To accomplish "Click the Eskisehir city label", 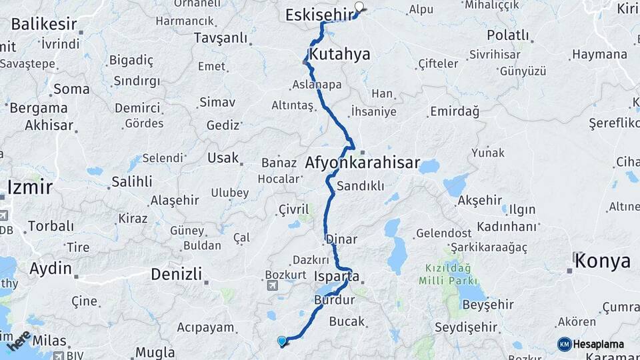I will click(318, 15).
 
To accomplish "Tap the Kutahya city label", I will click(339, 54).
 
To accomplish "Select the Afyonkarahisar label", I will click(363, 163).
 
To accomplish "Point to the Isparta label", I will click(337, 276).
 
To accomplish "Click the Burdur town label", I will click(335, 300).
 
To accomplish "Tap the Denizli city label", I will click(176, 274).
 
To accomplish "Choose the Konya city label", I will click(603, 261).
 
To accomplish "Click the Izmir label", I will click(29, 186).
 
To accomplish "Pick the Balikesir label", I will click(44, 24).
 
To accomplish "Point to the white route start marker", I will click(360, 8).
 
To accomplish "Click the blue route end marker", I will click(282, 341).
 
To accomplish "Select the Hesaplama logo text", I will click(598, 344).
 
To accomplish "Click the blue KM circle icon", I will click(564, 344).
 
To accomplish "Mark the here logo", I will click(18, 340).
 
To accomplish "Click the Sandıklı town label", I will click(361, 186).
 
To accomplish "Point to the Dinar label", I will click(341, 239).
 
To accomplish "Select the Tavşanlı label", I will click(220, 38).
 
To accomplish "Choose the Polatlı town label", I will click(507, 35).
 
